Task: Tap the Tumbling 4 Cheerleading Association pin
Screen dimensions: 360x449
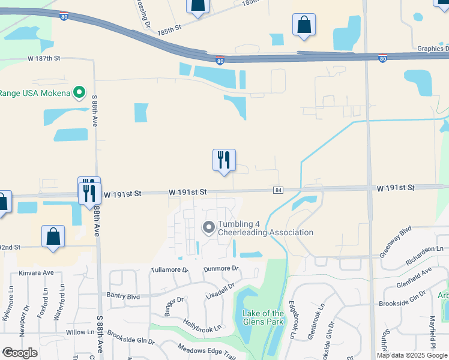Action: pyautogui.click(x=209, y=227)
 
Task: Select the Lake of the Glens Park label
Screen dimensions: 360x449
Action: pyautogui.click(x=262, y=318)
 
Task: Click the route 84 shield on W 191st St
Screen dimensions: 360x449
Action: pyautogui.click(x=278, y=190)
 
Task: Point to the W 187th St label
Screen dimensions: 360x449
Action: pyautogui.click(x=44, y=58)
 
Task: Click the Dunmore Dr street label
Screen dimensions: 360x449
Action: pyautogui.click(x=221, y=269)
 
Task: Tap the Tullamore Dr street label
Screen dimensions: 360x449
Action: pyautogui.click(x=169, y=271)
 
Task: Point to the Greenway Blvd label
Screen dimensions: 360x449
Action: pyautogui.click(x=396, y=242)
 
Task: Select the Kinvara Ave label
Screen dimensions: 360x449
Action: pyautogui.click(x=37, y=272)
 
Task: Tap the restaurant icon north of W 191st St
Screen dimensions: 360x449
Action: pyautogui.click(x=224, y=160)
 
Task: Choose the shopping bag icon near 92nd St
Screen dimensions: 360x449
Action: pyautogui.click(x=53, y=236)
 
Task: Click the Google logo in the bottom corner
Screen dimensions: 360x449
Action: pyautogui.click(x=20, y=353)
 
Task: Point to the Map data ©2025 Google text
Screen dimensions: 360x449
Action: pyautogui.click(x=412, y=355)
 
